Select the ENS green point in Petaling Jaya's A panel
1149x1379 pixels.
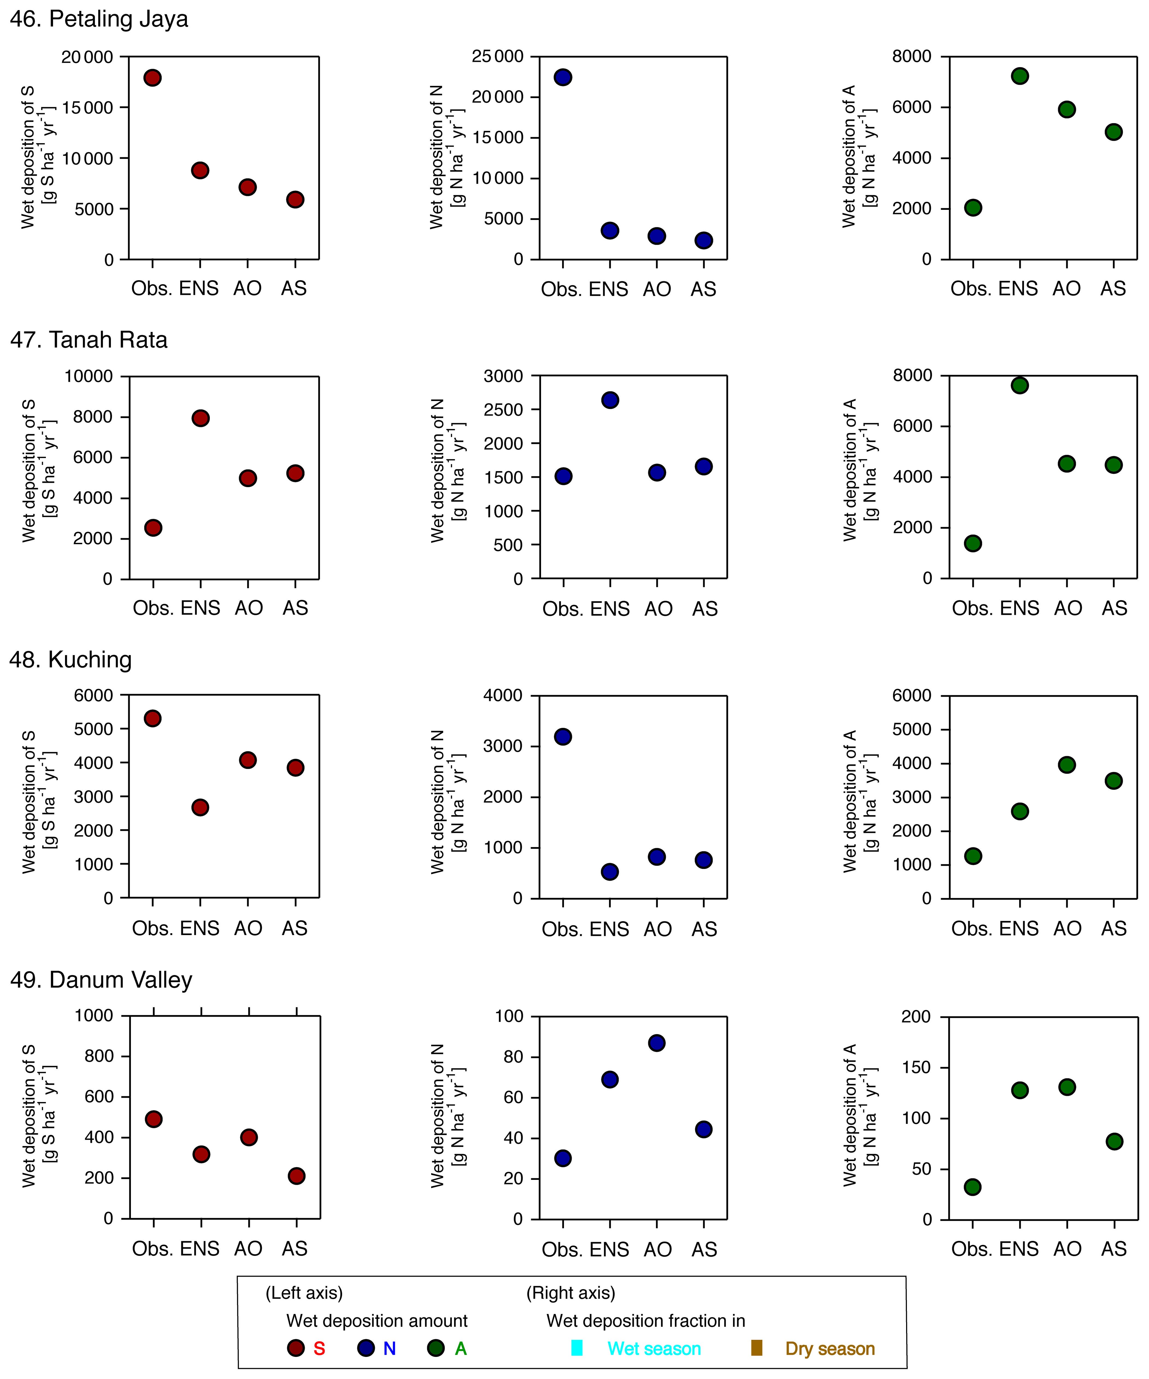pos(1019,76)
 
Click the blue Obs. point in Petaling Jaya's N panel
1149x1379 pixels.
pos(562,78)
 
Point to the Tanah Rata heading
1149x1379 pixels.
pos(89,340)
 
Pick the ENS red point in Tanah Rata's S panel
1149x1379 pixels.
pos(200,418)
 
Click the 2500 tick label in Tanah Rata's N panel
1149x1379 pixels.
pos(503,410)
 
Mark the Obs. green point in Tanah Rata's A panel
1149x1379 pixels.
pos(973,543)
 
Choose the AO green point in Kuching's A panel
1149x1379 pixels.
pos(1067,764)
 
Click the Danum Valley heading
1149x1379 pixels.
pos(101,980)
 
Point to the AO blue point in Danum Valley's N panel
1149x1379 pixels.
pos(656,1043)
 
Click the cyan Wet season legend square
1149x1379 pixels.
pos(577,1348)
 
